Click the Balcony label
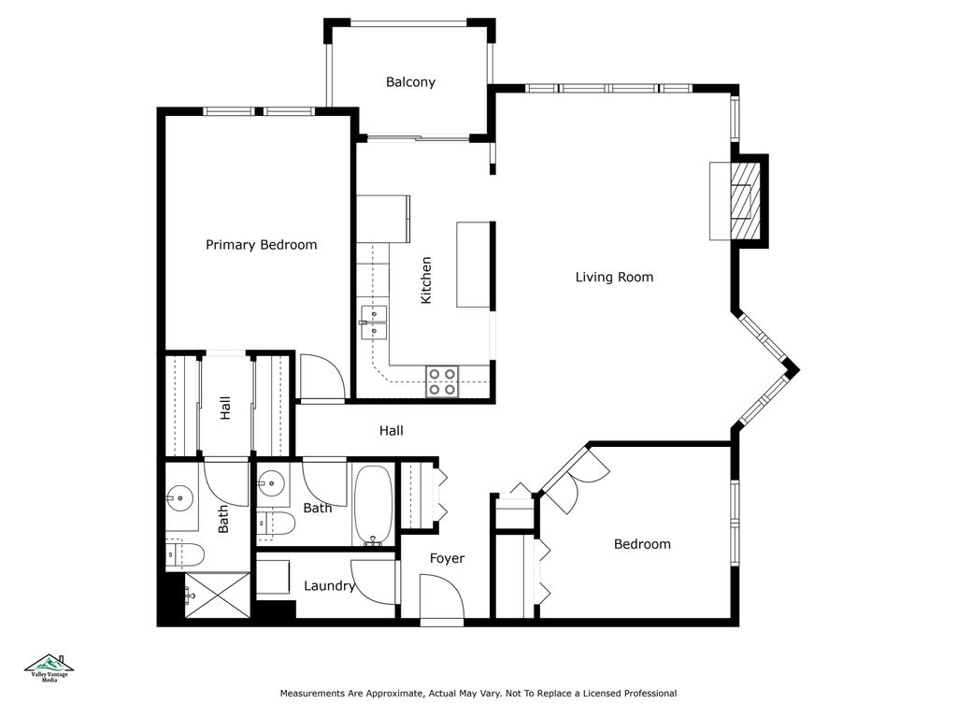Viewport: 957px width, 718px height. [410, 82]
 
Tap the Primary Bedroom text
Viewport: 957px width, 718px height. [261, 245]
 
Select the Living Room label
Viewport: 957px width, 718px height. [614, 277]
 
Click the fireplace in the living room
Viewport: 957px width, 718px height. [744, 201]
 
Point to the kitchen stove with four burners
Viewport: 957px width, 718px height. [442, 381]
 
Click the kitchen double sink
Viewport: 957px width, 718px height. [373, 322]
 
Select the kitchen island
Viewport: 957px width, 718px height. [473, 265]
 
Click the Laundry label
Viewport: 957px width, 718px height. [329, 586]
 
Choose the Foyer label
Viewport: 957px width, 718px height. [447, 558]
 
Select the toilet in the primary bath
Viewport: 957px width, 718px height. [185, 555]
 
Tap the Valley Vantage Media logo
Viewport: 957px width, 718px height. [51, 667]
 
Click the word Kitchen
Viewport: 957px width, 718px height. [426, 280]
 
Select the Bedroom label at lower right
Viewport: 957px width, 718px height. [642, 544]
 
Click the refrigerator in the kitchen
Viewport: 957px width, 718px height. [383, 218]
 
